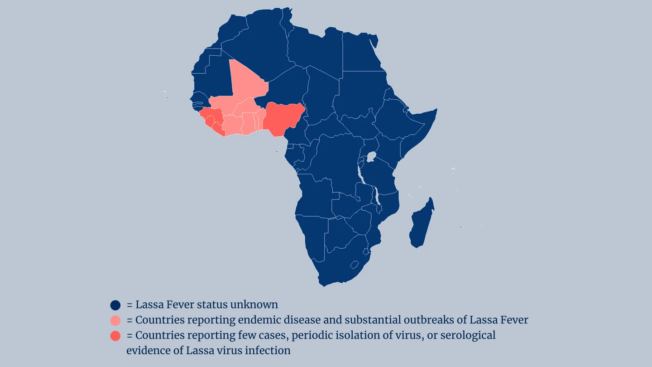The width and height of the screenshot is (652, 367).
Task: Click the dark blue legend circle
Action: click(x=115, y=305)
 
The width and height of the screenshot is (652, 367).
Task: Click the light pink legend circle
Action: click(x=115, y=320)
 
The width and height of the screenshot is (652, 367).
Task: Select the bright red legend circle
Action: click(x=115, y=336)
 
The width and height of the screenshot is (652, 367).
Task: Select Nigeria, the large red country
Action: click(x=282, y=119)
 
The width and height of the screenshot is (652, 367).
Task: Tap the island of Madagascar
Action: click(x=422, y=223)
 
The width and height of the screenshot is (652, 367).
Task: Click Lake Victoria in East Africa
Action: click(x=371, y=157)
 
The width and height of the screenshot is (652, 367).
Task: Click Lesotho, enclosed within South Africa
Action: click(x=354, y=265)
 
